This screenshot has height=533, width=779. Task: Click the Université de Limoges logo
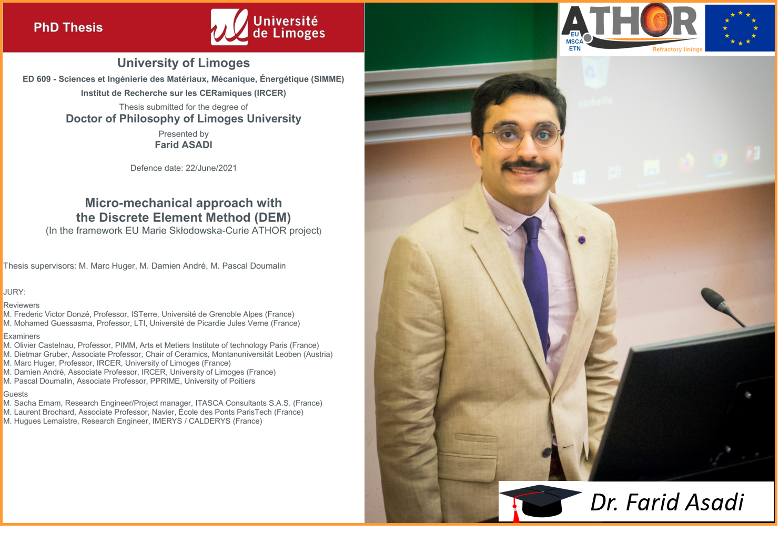coord(268,27)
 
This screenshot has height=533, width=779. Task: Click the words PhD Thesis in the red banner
coord(68,27)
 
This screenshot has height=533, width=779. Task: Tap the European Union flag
coord(740,28)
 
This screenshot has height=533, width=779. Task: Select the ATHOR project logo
coord(632,28)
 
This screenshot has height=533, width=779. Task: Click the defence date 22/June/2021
coord(211,168)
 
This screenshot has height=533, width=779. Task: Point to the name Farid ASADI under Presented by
coord(183,145)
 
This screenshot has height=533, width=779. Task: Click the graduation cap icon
coord(540,503)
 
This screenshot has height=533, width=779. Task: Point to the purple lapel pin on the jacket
coord(581,239)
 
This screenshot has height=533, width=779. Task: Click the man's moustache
coord(525,165)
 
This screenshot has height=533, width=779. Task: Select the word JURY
coord(14,292)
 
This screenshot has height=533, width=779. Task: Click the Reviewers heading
coord(21,305)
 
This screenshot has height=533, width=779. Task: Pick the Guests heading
coord(15,394)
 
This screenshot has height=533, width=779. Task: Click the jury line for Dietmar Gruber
coord(168,354)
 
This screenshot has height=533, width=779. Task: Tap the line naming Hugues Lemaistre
coord(133,421)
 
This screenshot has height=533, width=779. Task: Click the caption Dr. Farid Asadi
coord(667,502)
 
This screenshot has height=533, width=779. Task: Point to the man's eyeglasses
coord(522,136)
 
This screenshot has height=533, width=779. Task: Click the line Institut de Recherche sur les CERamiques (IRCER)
coord(183,93)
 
